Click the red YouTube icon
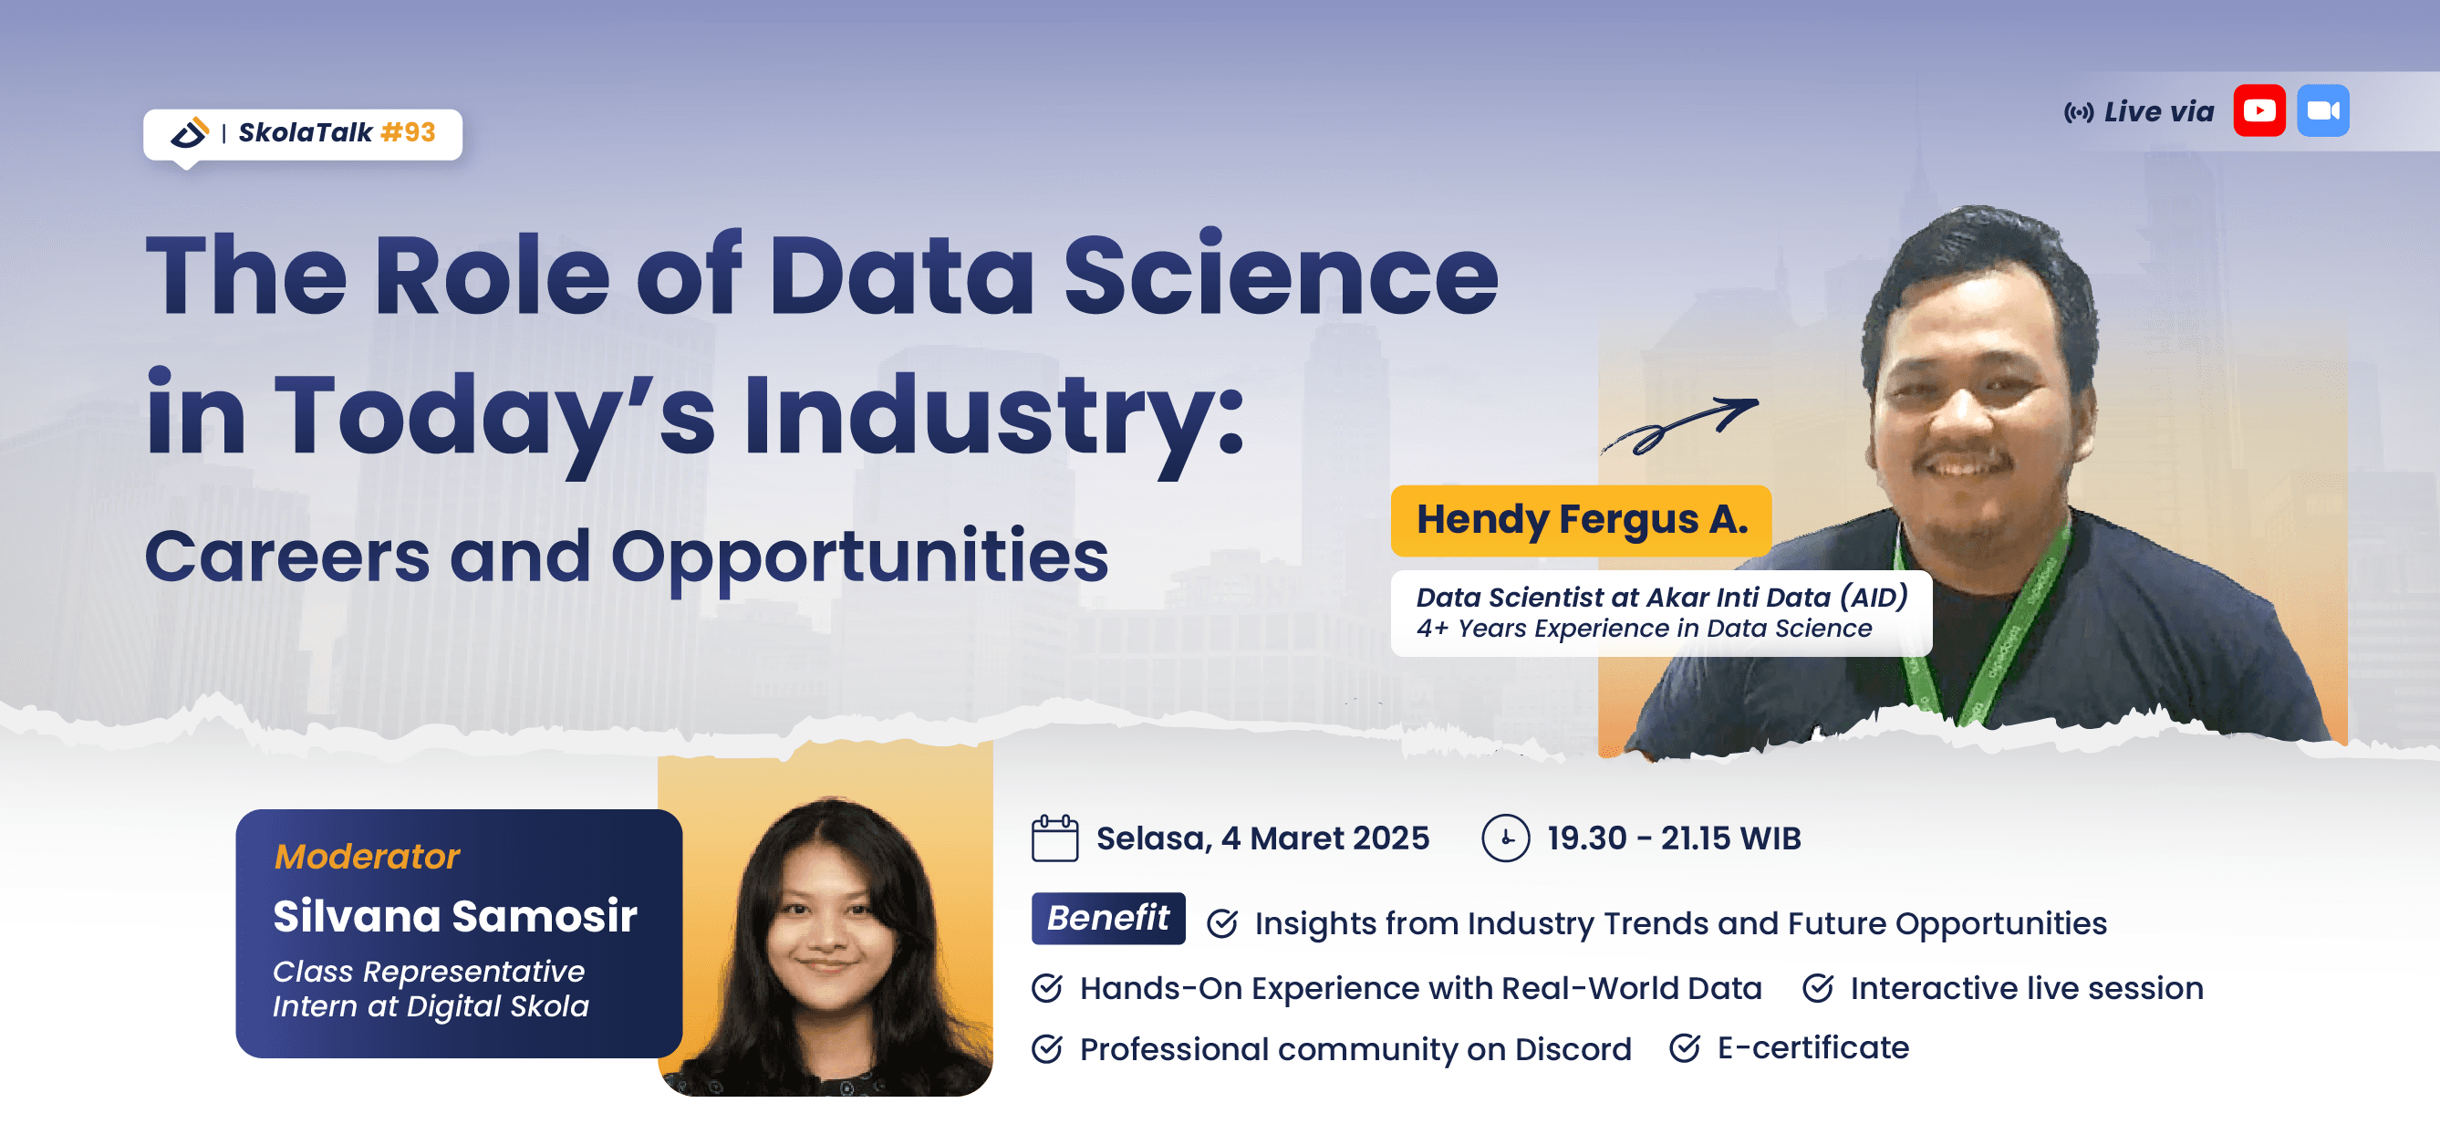[x=2259, y=110]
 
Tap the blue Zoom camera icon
[x=2322, y=110]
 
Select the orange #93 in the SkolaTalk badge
[x=409, y=132]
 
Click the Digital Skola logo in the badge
[x=190, y=132]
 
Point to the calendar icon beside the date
[x=1054, y=838]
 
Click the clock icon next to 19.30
[x=1505, y=838]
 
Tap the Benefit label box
[x=1107, y=918]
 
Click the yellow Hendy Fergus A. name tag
[x=1580, y=520]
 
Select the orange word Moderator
[x=367, y=856]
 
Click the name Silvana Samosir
[x=454, y=916]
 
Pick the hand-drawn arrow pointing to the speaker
[x=1679, y=425]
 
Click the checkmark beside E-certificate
[x=1684, y=1047]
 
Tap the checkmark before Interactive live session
[x=1818, y=988]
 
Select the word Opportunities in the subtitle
[x=859, y=556]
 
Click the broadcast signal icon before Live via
[x=2078, y=113]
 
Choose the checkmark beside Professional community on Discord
[x=1046, y=1048]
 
